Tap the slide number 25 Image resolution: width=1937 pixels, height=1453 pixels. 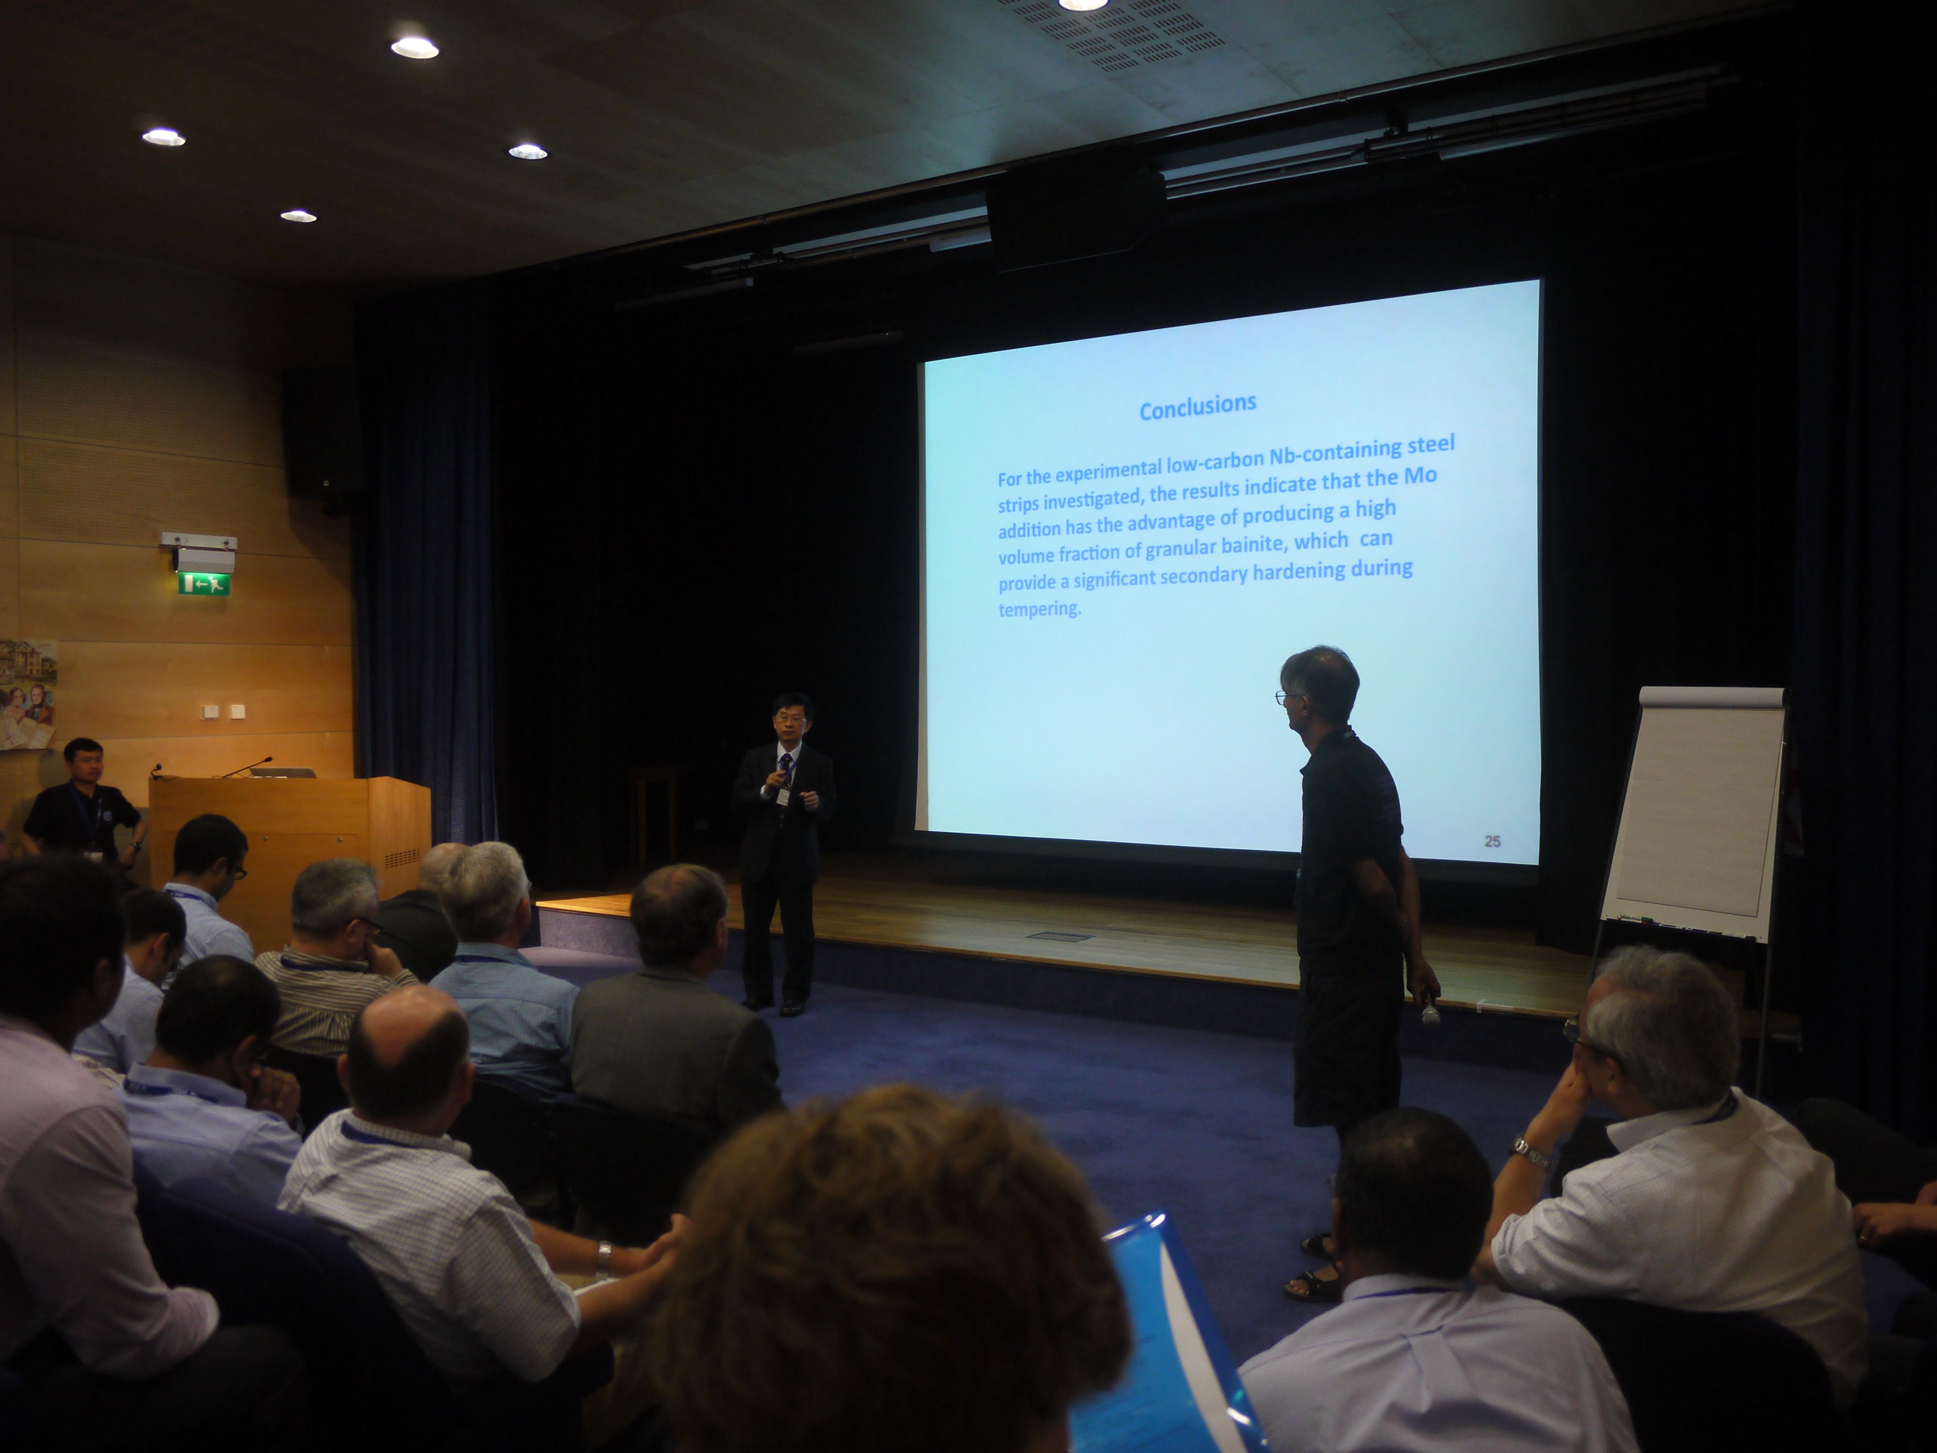[x=1492, y=841]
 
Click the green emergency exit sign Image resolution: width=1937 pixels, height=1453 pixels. [x=204, y=583]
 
